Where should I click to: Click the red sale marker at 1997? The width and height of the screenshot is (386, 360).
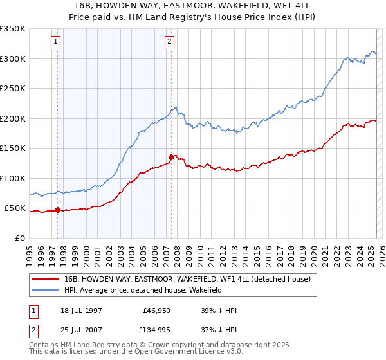tap(58, 210)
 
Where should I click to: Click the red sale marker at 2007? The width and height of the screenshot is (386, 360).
tap(171, 157)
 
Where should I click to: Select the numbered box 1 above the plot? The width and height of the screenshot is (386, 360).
tap(56, 42)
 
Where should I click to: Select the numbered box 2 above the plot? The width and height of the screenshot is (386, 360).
tap(169, 42)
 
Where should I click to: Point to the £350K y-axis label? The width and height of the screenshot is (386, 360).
tap(13, 29)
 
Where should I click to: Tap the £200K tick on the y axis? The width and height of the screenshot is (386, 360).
tap(13, 118)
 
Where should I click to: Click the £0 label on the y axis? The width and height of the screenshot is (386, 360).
tap(20, 238)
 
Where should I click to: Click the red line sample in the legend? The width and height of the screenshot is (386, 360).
tap(46, 279)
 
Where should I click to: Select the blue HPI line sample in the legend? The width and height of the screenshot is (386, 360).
tap(46, 291)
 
